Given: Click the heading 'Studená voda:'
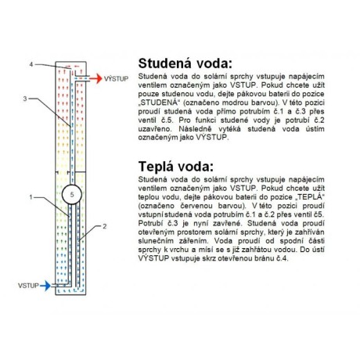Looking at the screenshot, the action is pos(185,63).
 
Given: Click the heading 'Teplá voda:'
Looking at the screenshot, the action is pos(175,166).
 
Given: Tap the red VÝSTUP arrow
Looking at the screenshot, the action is pos(95,78).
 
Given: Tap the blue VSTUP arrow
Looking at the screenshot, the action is pos(45,286).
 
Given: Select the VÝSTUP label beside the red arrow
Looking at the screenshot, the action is pos(117,78).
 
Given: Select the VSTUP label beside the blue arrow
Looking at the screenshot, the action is pos(28,286).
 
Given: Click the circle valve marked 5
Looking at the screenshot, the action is pos(72,194).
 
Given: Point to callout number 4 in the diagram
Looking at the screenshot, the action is pos(31,64).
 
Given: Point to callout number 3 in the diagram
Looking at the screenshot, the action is pos(25,99).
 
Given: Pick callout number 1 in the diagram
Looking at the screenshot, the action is pos(31,197).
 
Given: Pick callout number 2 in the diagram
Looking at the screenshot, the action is pos(105,226).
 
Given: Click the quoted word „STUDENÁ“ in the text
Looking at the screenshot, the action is pos(160,103).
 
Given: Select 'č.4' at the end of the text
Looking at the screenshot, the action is pos(283,258).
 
